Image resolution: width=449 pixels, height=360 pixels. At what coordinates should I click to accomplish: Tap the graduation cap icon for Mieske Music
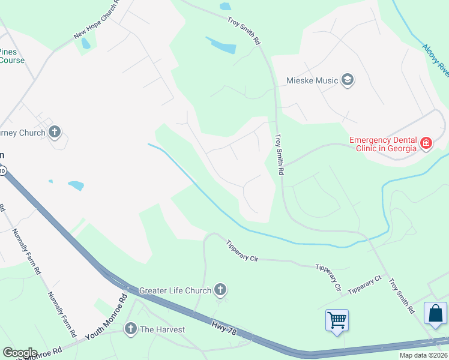pos(347,80)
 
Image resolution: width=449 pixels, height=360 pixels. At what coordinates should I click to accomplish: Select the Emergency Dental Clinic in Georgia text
pos(383,145)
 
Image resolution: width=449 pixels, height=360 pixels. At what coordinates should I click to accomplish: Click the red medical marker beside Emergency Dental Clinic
pos(426,143)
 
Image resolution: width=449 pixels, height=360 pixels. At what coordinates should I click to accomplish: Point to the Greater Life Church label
pos(175,291)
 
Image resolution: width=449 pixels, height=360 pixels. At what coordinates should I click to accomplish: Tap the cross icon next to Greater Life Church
pos(220,290)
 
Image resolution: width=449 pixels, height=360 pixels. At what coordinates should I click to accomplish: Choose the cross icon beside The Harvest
pos(131,328)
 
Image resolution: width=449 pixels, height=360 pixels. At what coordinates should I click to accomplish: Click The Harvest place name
pos(162,329)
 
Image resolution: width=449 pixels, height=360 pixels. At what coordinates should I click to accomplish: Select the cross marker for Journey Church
pos(55,132)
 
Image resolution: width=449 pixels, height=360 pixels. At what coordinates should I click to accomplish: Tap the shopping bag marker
pos(435,314)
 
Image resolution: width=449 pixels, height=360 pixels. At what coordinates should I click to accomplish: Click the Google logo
pos(19,353)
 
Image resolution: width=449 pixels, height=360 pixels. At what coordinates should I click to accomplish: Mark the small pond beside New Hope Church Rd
pos(85,44)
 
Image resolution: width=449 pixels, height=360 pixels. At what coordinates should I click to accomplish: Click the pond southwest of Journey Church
pos(76,185)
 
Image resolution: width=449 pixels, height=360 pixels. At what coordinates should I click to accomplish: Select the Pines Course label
pos(12,56)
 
